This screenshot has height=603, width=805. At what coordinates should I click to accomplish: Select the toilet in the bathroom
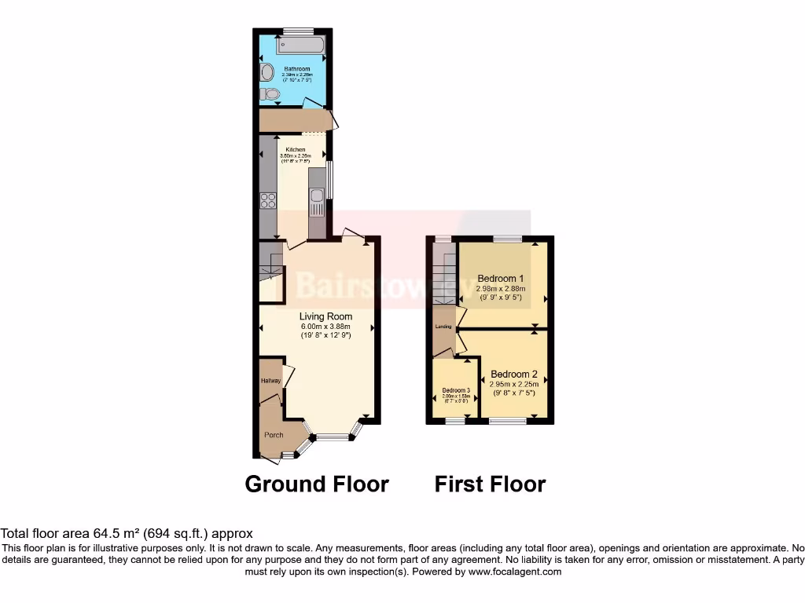tap(270, 95)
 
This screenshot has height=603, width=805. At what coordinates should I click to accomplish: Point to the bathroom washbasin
tap(266, 73)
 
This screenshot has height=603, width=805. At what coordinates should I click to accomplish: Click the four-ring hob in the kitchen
tap(268, 200)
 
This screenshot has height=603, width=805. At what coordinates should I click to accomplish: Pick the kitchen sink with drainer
tap(317, 203)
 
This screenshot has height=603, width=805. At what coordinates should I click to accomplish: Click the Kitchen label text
tap(296, 149)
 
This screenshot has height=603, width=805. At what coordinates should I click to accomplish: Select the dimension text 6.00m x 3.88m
tap(325, 327)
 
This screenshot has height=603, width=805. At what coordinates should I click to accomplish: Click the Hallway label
tap(270, 381)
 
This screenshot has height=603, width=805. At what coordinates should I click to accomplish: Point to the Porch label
tap(274, 435)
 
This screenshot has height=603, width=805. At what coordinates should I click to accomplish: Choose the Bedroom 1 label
tap(502, 278)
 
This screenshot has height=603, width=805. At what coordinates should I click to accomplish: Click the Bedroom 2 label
tap(514, 374)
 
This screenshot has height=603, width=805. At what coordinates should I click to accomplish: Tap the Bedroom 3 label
tap(456, 390)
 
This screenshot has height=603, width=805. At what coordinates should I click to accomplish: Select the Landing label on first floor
tap(443, 325)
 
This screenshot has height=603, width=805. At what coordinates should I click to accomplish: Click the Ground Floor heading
tap(317, 484)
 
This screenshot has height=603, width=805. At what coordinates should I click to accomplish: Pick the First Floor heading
tap(490, 484)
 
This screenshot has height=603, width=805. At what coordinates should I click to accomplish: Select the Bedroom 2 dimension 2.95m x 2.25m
tap(514, 384)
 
